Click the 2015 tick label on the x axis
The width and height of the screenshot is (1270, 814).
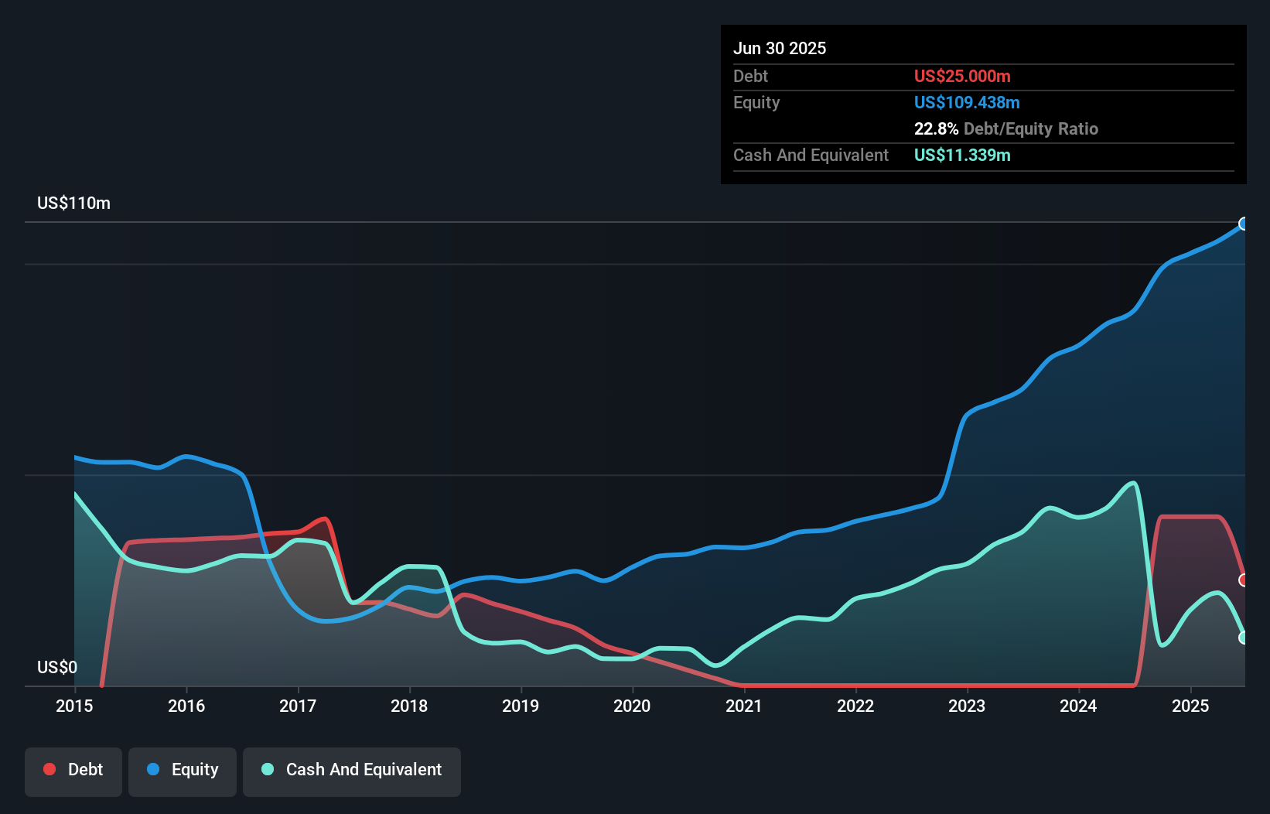(74, 706)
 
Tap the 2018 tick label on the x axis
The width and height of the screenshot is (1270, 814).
(409, 706)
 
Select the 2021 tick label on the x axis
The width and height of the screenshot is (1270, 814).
(743, 706)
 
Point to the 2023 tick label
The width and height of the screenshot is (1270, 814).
(967, 706)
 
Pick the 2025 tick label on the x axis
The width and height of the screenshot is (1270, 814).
(1190, 706)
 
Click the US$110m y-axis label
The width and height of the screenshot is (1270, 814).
(73, 203)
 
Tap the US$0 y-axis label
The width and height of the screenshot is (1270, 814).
(57, 667)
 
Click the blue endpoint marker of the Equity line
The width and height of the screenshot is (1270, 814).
(1244, 224)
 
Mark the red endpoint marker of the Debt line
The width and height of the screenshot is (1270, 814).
(1244, 580)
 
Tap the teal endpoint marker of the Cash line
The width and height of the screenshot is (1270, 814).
(1244, 638)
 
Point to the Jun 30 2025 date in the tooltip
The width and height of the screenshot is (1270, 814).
(780, 48)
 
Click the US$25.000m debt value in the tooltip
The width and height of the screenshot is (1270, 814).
(962, 76)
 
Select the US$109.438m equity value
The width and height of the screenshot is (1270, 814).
(967, 102)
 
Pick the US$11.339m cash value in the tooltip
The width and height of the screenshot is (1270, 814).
(962, 155)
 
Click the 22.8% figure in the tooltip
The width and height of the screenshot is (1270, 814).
(936, 128)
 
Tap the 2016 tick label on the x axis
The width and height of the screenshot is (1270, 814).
(186, 706)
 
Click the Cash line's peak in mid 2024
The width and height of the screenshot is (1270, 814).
(1134, 483)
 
